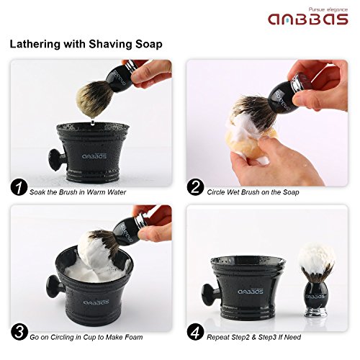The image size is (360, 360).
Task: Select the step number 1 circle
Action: click(19, 190)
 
